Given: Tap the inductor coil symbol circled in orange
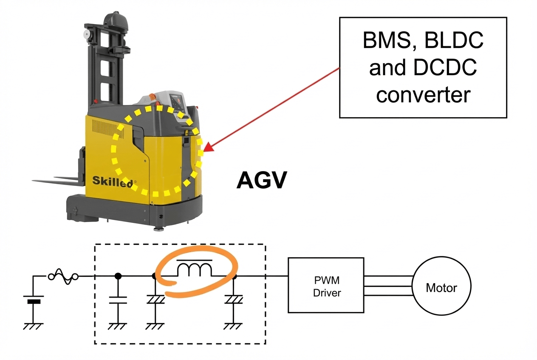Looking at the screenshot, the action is [x=194, y=268].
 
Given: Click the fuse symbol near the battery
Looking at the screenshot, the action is [x=63, y=277].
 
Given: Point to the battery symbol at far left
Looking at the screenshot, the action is [x=34, y=299].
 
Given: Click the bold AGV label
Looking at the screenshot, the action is [x=262, y=180].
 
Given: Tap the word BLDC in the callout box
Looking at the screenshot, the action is [x=454, y=40].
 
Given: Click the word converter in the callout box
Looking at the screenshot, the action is [x=423, y=95].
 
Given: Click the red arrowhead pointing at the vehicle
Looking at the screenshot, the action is [x=209, y=146].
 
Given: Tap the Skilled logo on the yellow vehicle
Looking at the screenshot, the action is [x=113, y=181].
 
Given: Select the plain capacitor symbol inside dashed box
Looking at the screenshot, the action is [x=118, y=300].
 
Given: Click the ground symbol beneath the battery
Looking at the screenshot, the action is [x=33, y=326].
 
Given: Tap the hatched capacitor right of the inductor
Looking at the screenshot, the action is [x=234, y=300].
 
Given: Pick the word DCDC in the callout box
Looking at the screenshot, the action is [x=445, y=67].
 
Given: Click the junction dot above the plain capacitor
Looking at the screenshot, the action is [x=118, y=276].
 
